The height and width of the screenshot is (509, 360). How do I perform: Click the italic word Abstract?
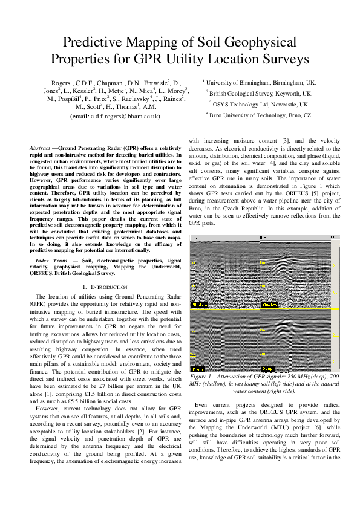click(41, 148)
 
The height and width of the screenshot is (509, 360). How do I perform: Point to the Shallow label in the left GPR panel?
click(200, 305)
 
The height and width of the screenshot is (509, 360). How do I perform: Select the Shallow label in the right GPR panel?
click(270, 305)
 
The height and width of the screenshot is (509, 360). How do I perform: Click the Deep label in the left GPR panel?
click(198, 368)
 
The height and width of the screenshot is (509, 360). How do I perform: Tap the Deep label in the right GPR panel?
click(267, 368)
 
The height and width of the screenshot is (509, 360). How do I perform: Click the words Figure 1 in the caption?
click(207, 377)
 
